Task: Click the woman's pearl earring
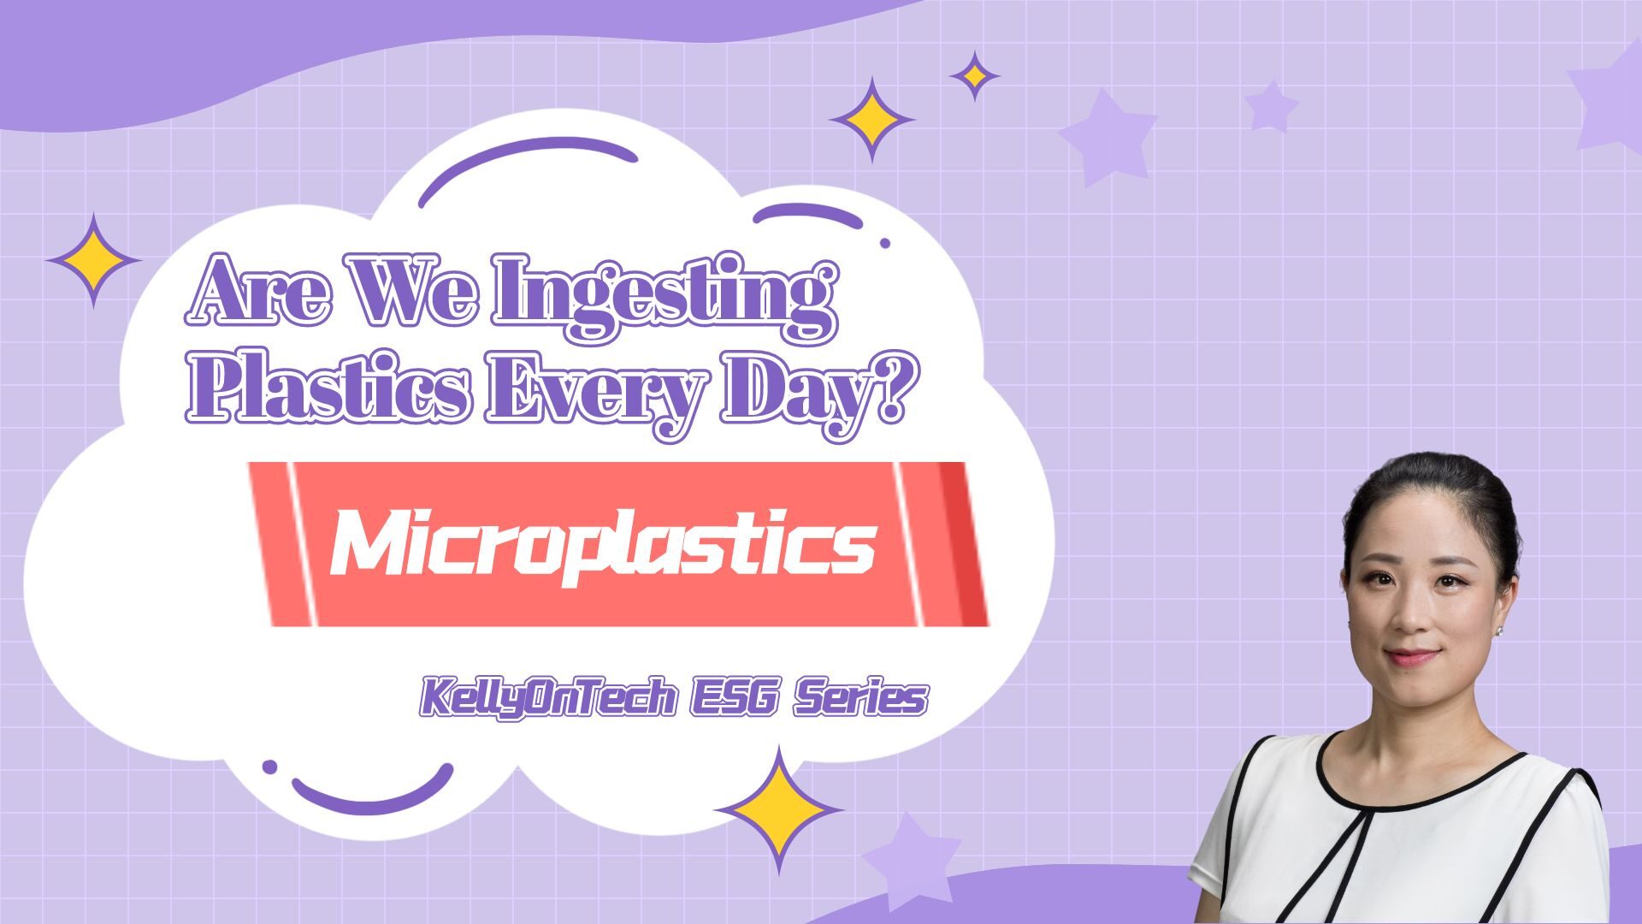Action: (1499, 631)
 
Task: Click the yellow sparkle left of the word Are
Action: (92, 260)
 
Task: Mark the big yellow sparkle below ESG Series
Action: (778, 809)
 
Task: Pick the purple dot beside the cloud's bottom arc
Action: (269, 767)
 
